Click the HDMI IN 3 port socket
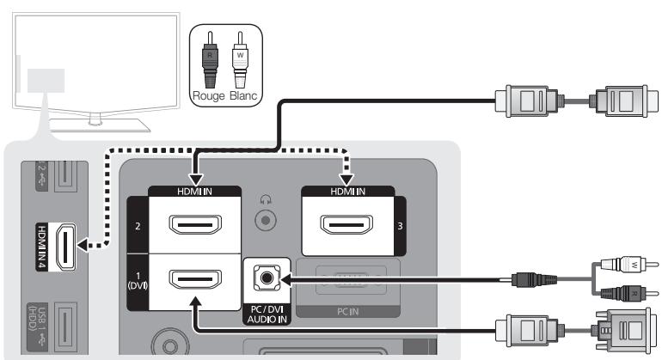346,223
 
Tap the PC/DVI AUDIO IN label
265,312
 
